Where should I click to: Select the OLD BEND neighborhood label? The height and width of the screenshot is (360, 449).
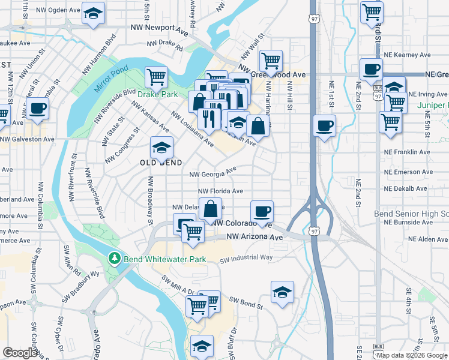coord(161,163)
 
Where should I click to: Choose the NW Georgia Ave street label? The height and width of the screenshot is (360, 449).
coord(213,173)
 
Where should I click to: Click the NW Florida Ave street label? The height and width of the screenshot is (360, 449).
coord(221,191)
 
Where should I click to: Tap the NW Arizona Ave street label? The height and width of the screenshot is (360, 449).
coord(255,238)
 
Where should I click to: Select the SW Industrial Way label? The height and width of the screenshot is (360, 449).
coord(246,259)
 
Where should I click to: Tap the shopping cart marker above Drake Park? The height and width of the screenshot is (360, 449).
coord(156,76)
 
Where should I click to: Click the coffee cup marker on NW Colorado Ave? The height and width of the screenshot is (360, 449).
coord(262,211)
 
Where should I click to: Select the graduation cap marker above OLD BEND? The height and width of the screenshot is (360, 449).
coord(161,147)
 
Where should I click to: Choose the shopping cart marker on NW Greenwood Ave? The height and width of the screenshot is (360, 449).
coord(271,60)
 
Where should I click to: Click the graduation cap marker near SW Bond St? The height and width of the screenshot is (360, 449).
coord(282,291)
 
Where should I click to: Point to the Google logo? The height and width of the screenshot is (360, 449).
coord(20,353)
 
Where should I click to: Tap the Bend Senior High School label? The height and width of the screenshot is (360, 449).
coord(412,214)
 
